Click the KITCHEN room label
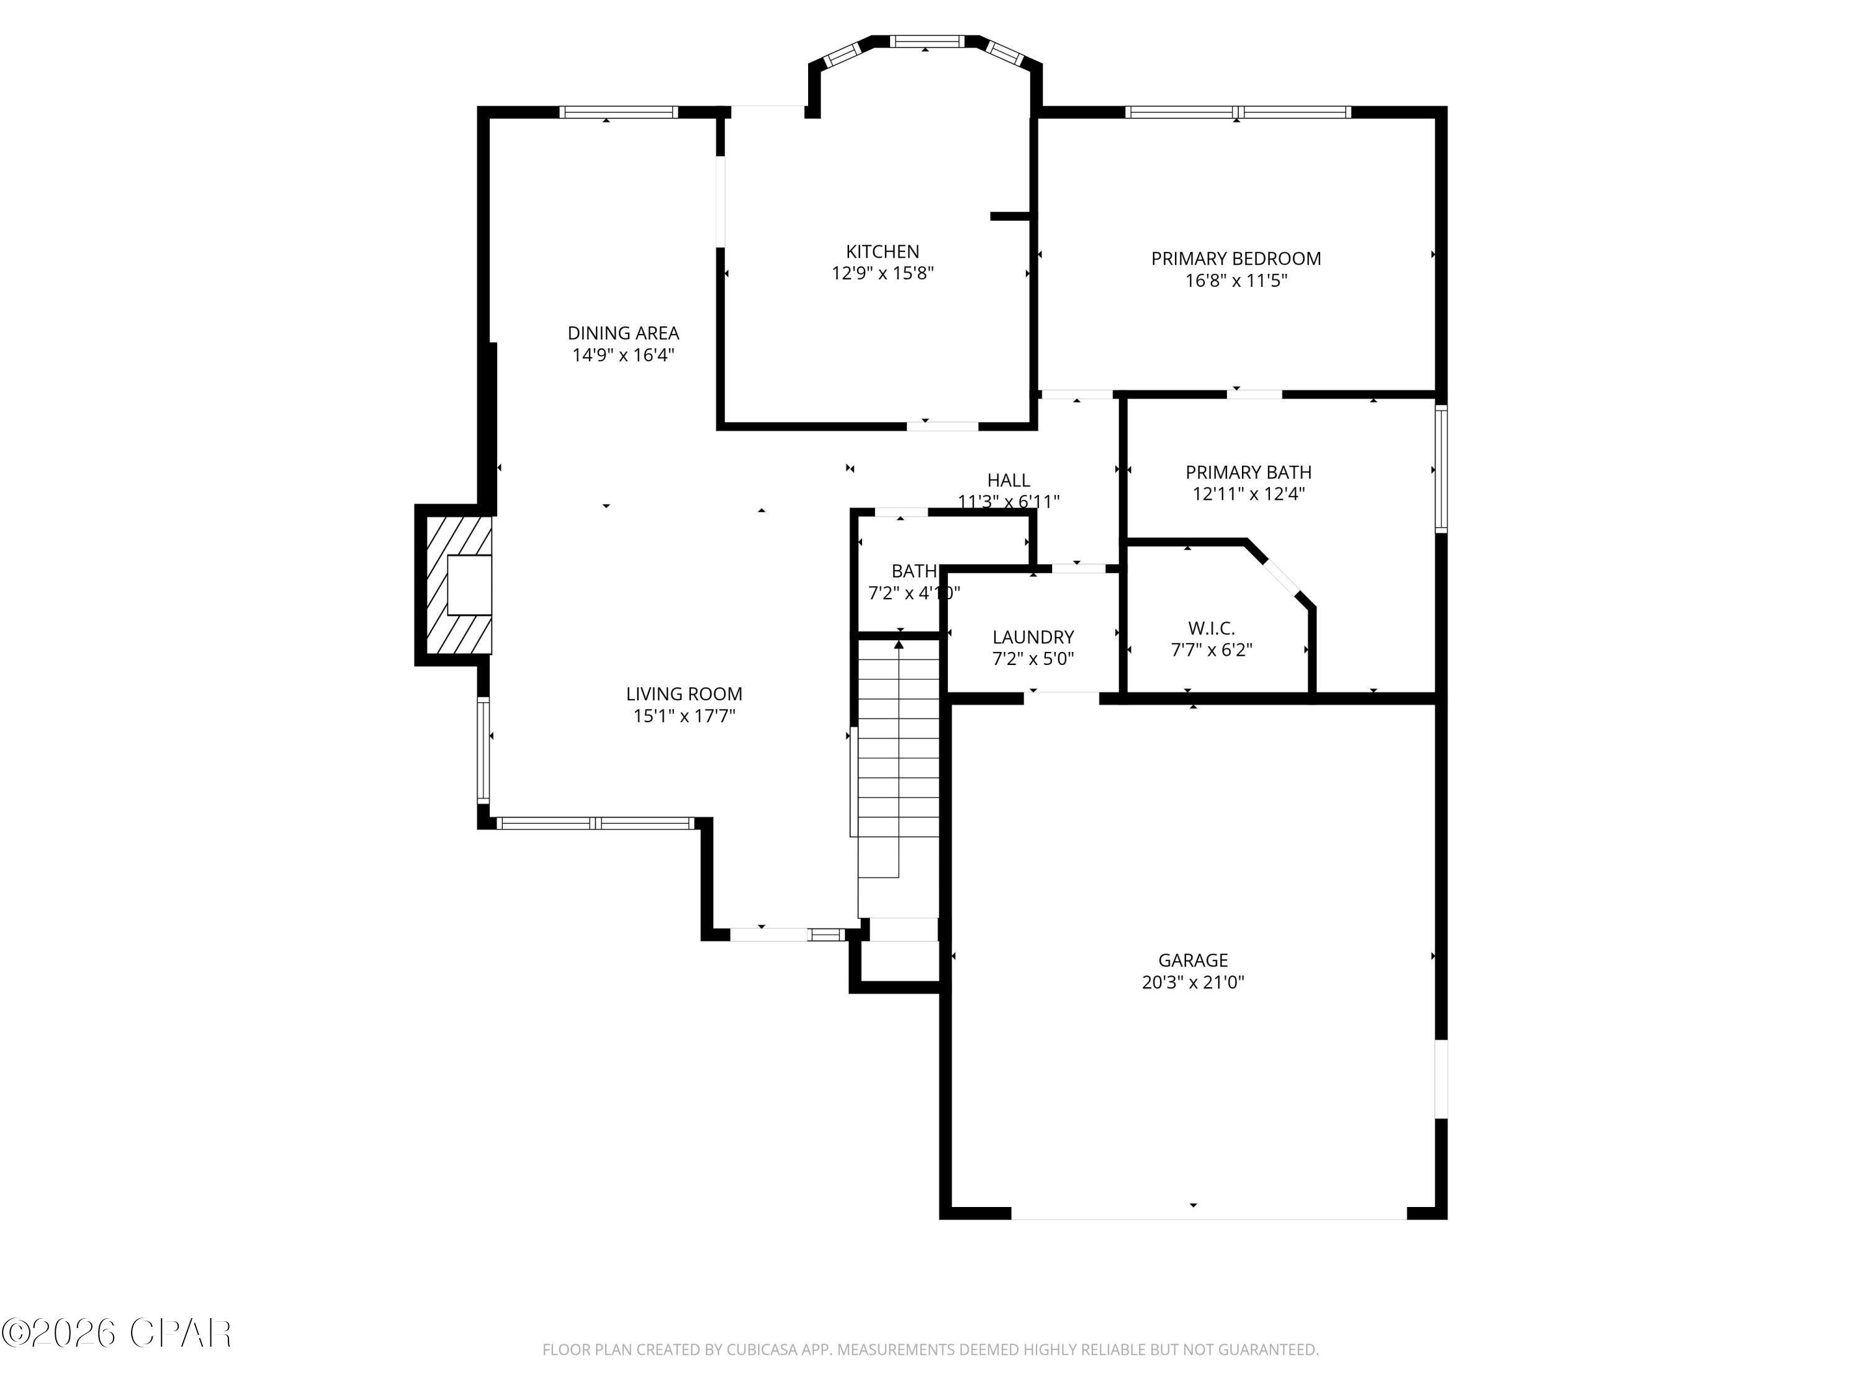point(882,251)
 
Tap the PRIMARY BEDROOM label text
point(1236,258)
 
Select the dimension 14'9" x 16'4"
point(623,355)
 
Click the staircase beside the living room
point(898,758)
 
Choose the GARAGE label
point(1193,960)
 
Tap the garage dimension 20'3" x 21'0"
point(1193,982)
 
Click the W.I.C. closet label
point(1212,628)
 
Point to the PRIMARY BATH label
point(1248,472)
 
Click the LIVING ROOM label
point(683,694)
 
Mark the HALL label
point(1009,480)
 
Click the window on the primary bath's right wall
point(1441,469)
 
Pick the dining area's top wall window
point(619,112)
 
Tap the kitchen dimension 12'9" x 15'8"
point(882,273)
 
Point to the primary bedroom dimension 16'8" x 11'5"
point(1236,281)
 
